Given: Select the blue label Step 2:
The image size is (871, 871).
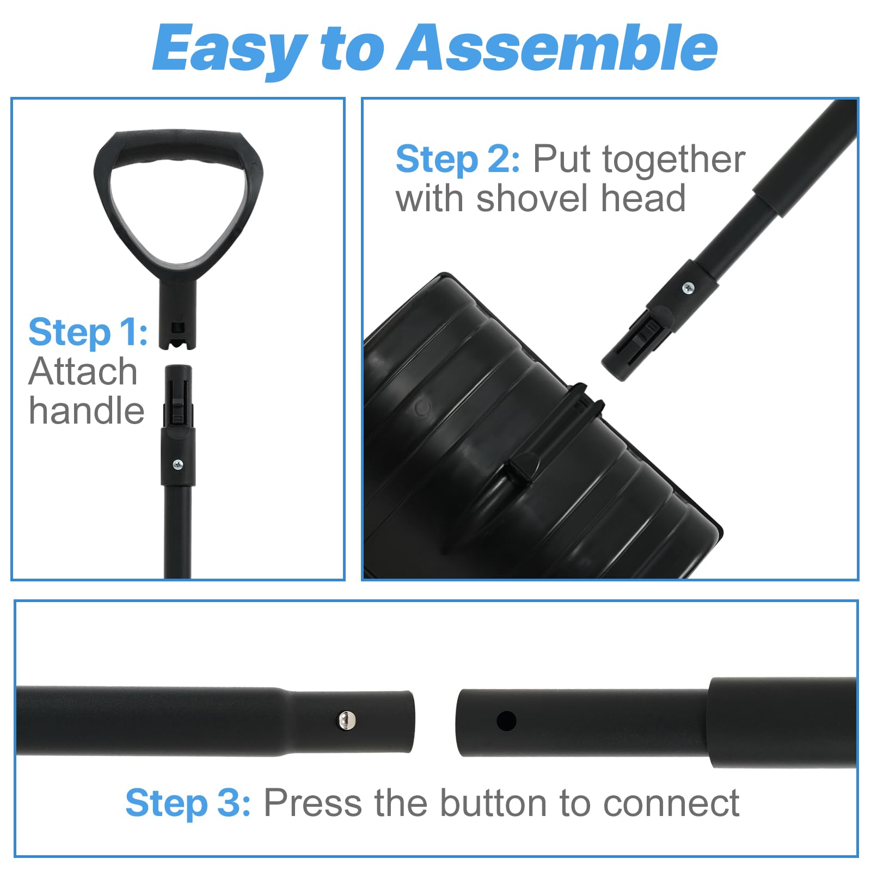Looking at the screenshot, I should pyautogui.click(x=457, y=160).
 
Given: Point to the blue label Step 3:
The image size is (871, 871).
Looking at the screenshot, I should pyautogui.click(x=188, y=803).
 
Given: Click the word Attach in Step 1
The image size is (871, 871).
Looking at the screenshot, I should pyautogui.click(x=83, y=372).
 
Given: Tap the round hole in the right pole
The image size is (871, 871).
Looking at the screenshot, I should pyautogui.click(x=506, y=721).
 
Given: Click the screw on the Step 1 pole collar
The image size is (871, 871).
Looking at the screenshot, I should pyautogui.click(x=178, y=464).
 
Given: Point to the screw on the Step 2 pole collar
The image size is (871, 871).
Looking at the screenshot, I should pyautogui.click(x=688, y=287).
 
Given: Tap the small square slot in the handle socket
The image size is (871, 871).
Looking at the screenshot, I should pyautogui.click(x=177, y=328).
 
